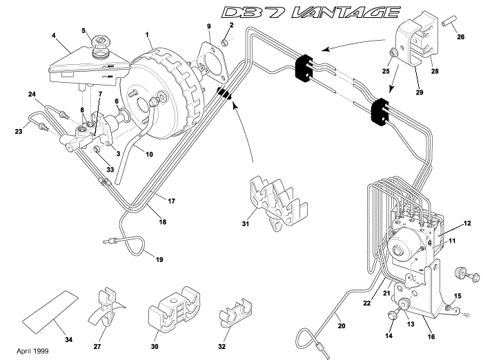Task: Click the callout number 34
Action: pyautogui.click(x=69, y=339)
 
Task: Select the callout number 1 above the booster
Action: pyautogui.click(x=147, y=34)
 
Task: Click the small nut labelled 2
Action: pyautogui.click(x=224, y=44)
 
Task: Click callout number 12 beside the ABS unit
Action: pyautogui.click(x=466, y=223)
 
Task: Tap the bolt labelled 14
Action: pyautogui.click(x=393, y=315)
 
